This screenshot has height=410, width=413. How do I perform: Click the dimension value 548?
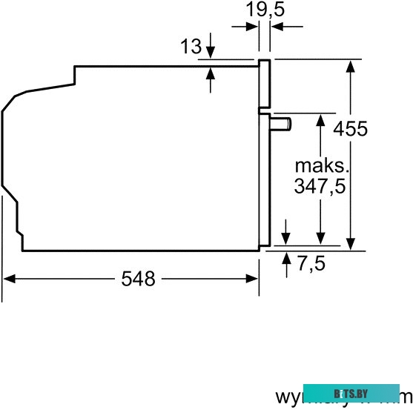(139, 279)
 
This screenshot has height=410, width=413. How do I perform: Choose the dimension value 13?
(191, 47)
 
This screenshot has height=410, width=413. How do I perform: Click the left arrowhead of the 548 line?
(9, 279)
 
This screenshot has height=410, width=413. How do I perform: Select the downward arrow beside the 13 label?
(211, 53)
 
